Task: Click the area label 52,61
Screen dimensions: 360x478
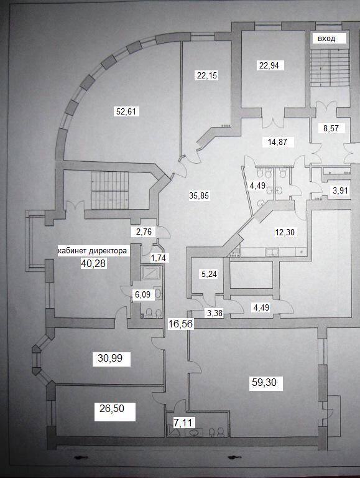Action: pyautogui.click(x=126, y=111)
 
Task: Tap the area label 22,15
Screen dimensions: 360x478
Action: pyautogui.click(x=207, y=75)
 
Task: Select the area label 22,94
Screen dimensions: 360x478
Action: pyautogui.click(x=269, y=65)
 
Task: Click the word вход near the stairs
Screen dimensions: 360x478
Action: pyautogui.click(x=326, y=39)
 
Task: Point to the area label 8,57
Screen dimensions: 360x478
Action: pyautogui.click(x=331, y=128)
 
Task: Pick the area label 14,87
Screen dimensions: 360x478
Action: pyautogui.click(x=277, y=142)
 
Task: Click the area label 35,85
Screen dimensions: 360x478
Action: pyautogui.click(x=199, y=195)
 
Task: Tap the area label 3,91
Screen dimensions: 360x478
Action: pyautogui.click(x=340, y=191)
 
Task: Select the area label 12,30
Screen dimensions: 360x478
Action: pyautogui.click(x=285, y=232)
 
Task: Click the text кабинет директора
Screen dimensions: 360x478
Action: pyautogui.click(x=92, y=251)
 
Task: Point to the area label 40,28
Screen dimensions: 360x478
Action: pyautogui.click(x=93, y=263)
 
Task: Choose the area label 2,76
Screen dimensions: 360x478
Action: pyautogui.click(x=144, y=232)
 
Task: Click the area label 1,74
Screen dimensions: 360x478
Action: pyautogui.click(x=159, y=258)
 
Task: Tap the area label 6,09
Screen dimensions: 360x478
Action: pyautogui.click(x=142, y=295)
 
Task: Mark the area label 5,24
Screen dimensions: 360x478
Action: pyautogui.click(x=210, y=274)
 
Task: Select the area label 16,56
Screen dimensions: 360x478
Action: pyautogui.click(x=180, y=324)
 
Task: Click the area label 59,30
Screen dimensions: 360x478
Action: pyautogui.click(x=264, y=382)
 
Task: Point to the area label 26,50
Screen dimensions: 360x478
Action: pyautogui.click(x=112, y=408)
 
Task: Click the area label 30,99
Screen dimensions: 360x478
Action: pyautogui.click(x=110, y=358)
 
